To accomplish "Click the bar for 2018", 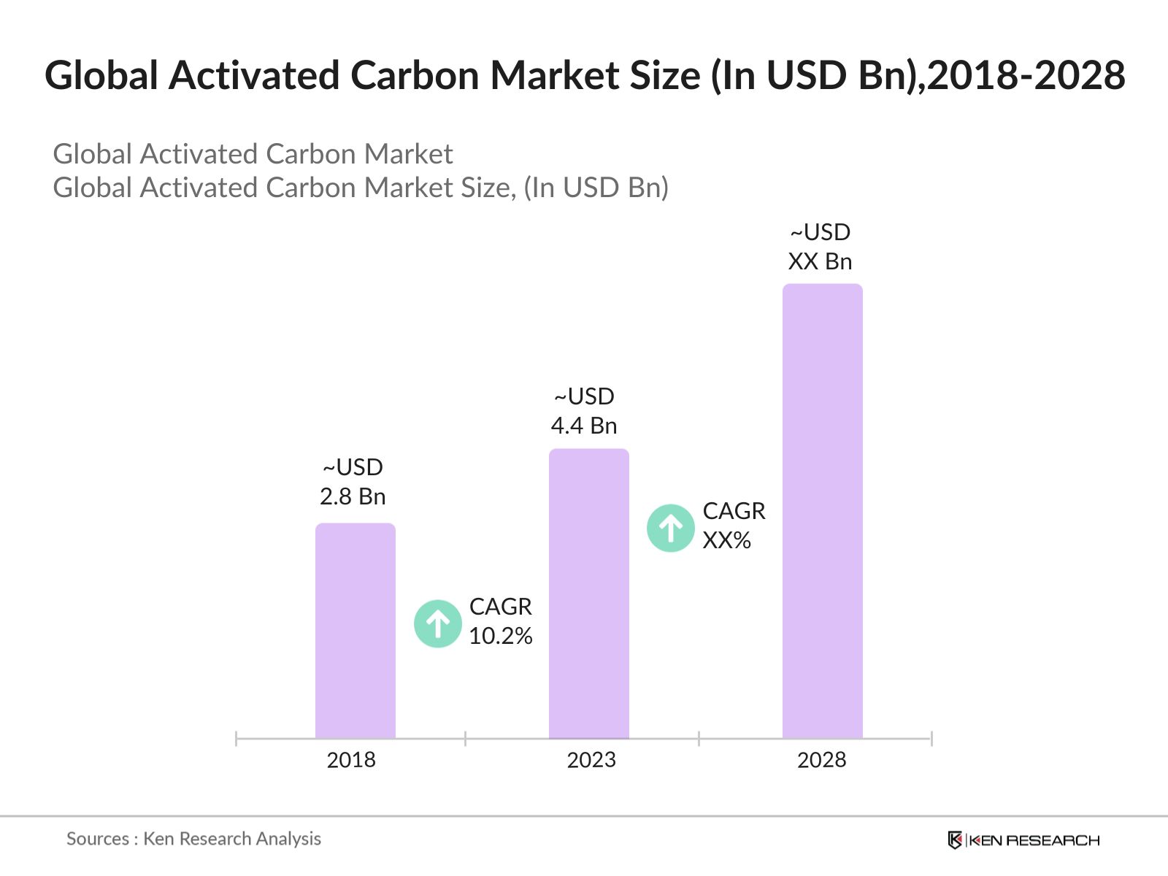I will click(x=355, y=631).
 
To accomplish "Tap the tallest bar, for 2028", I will click(x=822, y=511).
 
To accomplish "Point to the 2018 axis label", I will click(x=351, y=760).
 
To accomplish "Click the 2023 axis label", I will click(x=591, y=760).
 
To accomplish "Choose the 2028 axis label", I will click(x=821, y=760).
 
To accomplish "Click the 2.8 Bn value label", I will click(x=353, y=496).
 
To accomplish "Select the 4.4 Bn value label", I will click(x=584, y=426).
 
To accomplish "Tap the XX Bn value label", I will click(x=820, y=261).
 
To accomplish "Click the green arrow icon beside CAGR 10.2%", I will click(x=438, y=623).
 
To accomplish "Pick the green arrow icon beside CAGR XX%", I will click(x=671, y=528).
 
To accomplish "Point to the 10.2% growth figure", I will click(x=501, y=636).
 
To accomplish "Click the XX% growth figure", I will click(x=727, y=540).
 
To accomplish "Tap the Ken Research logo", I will click(x=1023, y=840).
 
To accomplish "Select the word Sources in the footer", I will click(x=98, y=839).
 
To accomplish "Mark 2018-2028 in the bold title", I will click(x=1026, y=75).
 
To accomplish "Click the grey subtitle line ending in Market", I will click(x=253, y=154).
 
